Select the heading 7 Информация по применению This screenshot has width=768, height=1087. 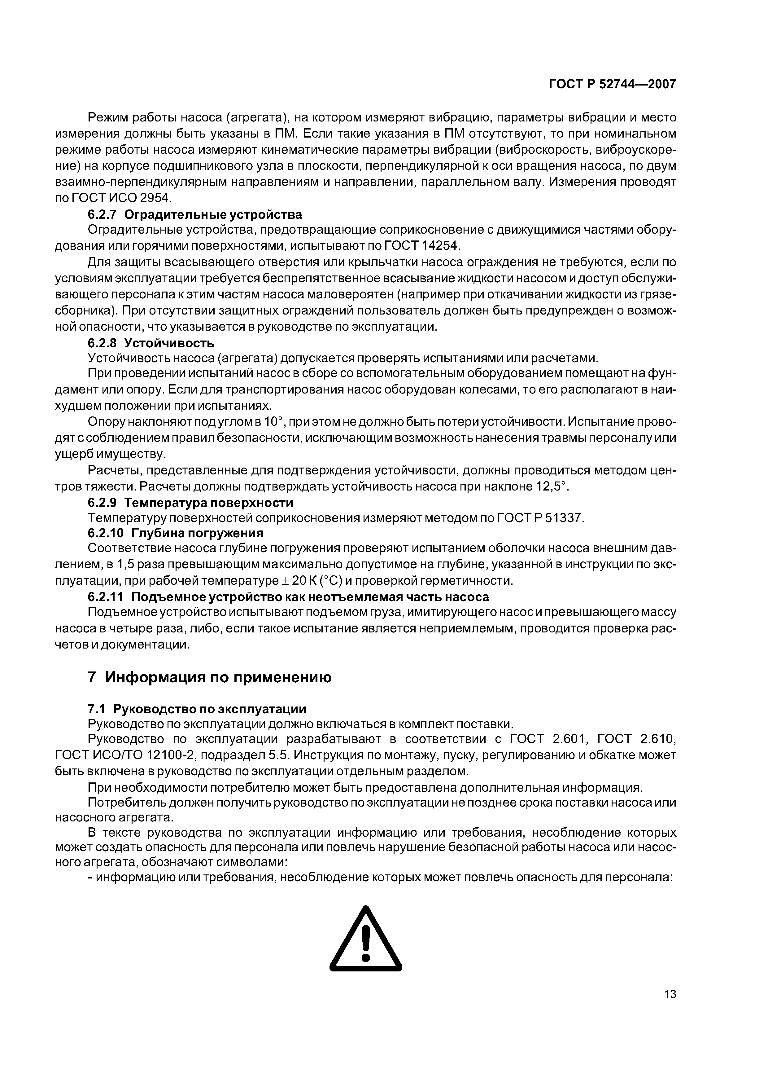tap(210, 677)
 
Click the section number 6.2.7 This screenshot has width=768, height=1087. tap(102, 214)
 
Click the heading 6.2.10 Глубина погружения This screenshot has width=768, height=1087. tap(175, 533)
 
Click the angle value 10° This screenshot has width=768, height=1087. tap(273, 422)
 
